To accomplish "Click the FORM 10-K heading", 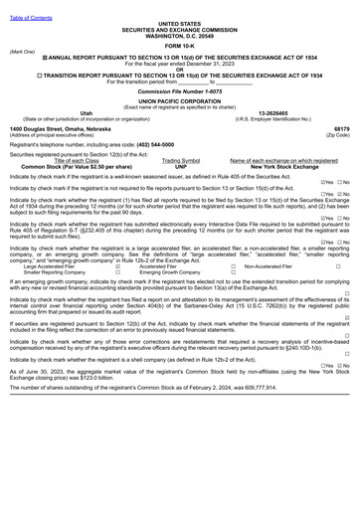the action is [179, 46].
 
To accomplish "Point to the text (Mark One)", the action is [21, 52].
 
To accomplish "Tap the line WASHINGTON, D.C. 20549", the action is [179, 35].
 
